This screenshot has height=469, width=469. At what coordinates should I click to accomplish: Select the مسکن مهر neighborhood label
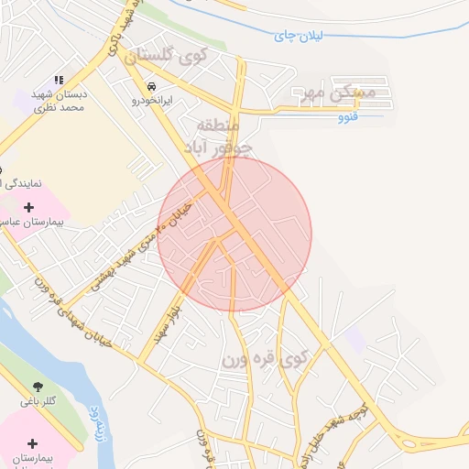point(338,93)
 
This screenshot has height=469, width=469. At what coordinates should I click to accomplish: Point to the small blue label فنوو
point(347,117)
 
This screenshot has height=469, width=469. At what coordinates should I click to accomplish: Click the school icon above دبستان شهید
point(60,81)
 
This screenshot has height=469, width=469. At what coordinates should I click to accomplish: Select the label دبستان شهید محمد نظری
point(60,101)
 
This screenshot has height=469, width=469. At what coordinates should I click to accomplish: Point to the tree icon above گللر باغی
point(38,387)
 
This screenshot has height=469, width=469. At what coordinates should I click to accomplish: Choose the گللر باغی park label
point(38,402)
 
